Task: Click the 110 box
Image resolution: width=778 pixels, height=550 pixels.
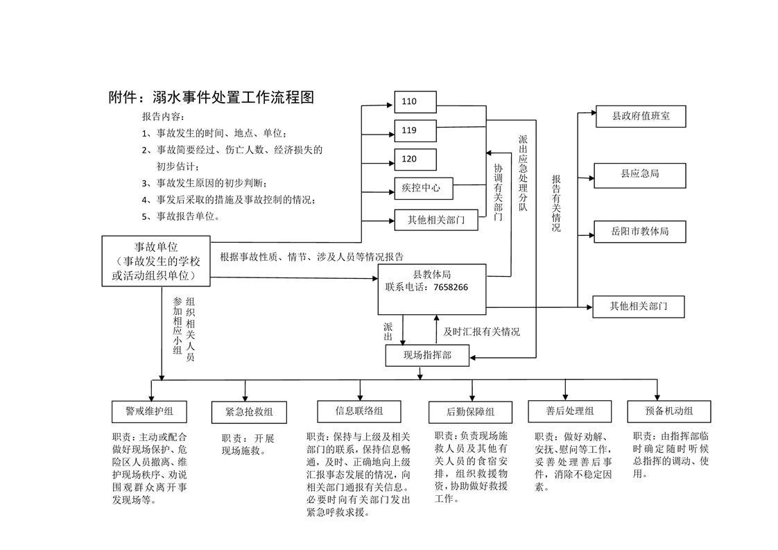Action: click(415, 102)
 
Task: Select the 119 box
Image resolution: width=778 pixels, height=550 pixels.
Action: click(415, 130)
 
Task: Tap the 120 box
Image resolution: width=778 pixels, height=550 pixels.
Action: click(415, 160)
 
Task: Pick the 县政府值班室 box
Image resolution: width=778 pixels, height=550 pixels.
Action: click(641, 117)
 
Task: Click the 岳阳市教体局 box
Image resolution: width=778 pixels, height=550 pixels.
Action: click(639, 232)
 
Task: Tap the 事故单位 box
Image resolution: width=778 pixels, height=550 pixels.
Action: click(155, 261)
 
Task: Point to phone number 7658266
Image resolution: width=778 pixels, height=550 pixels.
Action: click(450, 287)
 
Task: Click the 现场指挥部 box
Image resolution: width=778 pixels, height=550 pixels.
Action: click(427, 355)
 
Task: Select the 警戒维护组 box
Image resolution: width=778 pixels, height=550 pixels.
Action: click(150, 411)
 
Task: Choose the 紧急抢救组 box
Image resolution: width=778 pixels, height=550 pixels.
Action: click(249, 412)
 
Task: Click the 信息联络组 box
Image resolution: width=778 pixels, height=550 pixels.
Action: click(358, 411)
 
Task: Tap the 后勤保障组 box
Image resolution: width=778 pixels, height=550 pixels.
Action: click(470, 412)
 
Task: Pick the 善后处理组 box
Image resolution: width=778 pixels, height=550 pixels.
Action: click(569, 411)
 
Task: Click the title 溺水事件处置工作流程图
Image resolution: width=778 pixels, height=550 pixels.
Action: click(211, 98)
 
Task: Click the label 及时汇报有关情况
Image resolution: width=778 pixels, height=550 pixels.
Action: click(481, 332)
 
